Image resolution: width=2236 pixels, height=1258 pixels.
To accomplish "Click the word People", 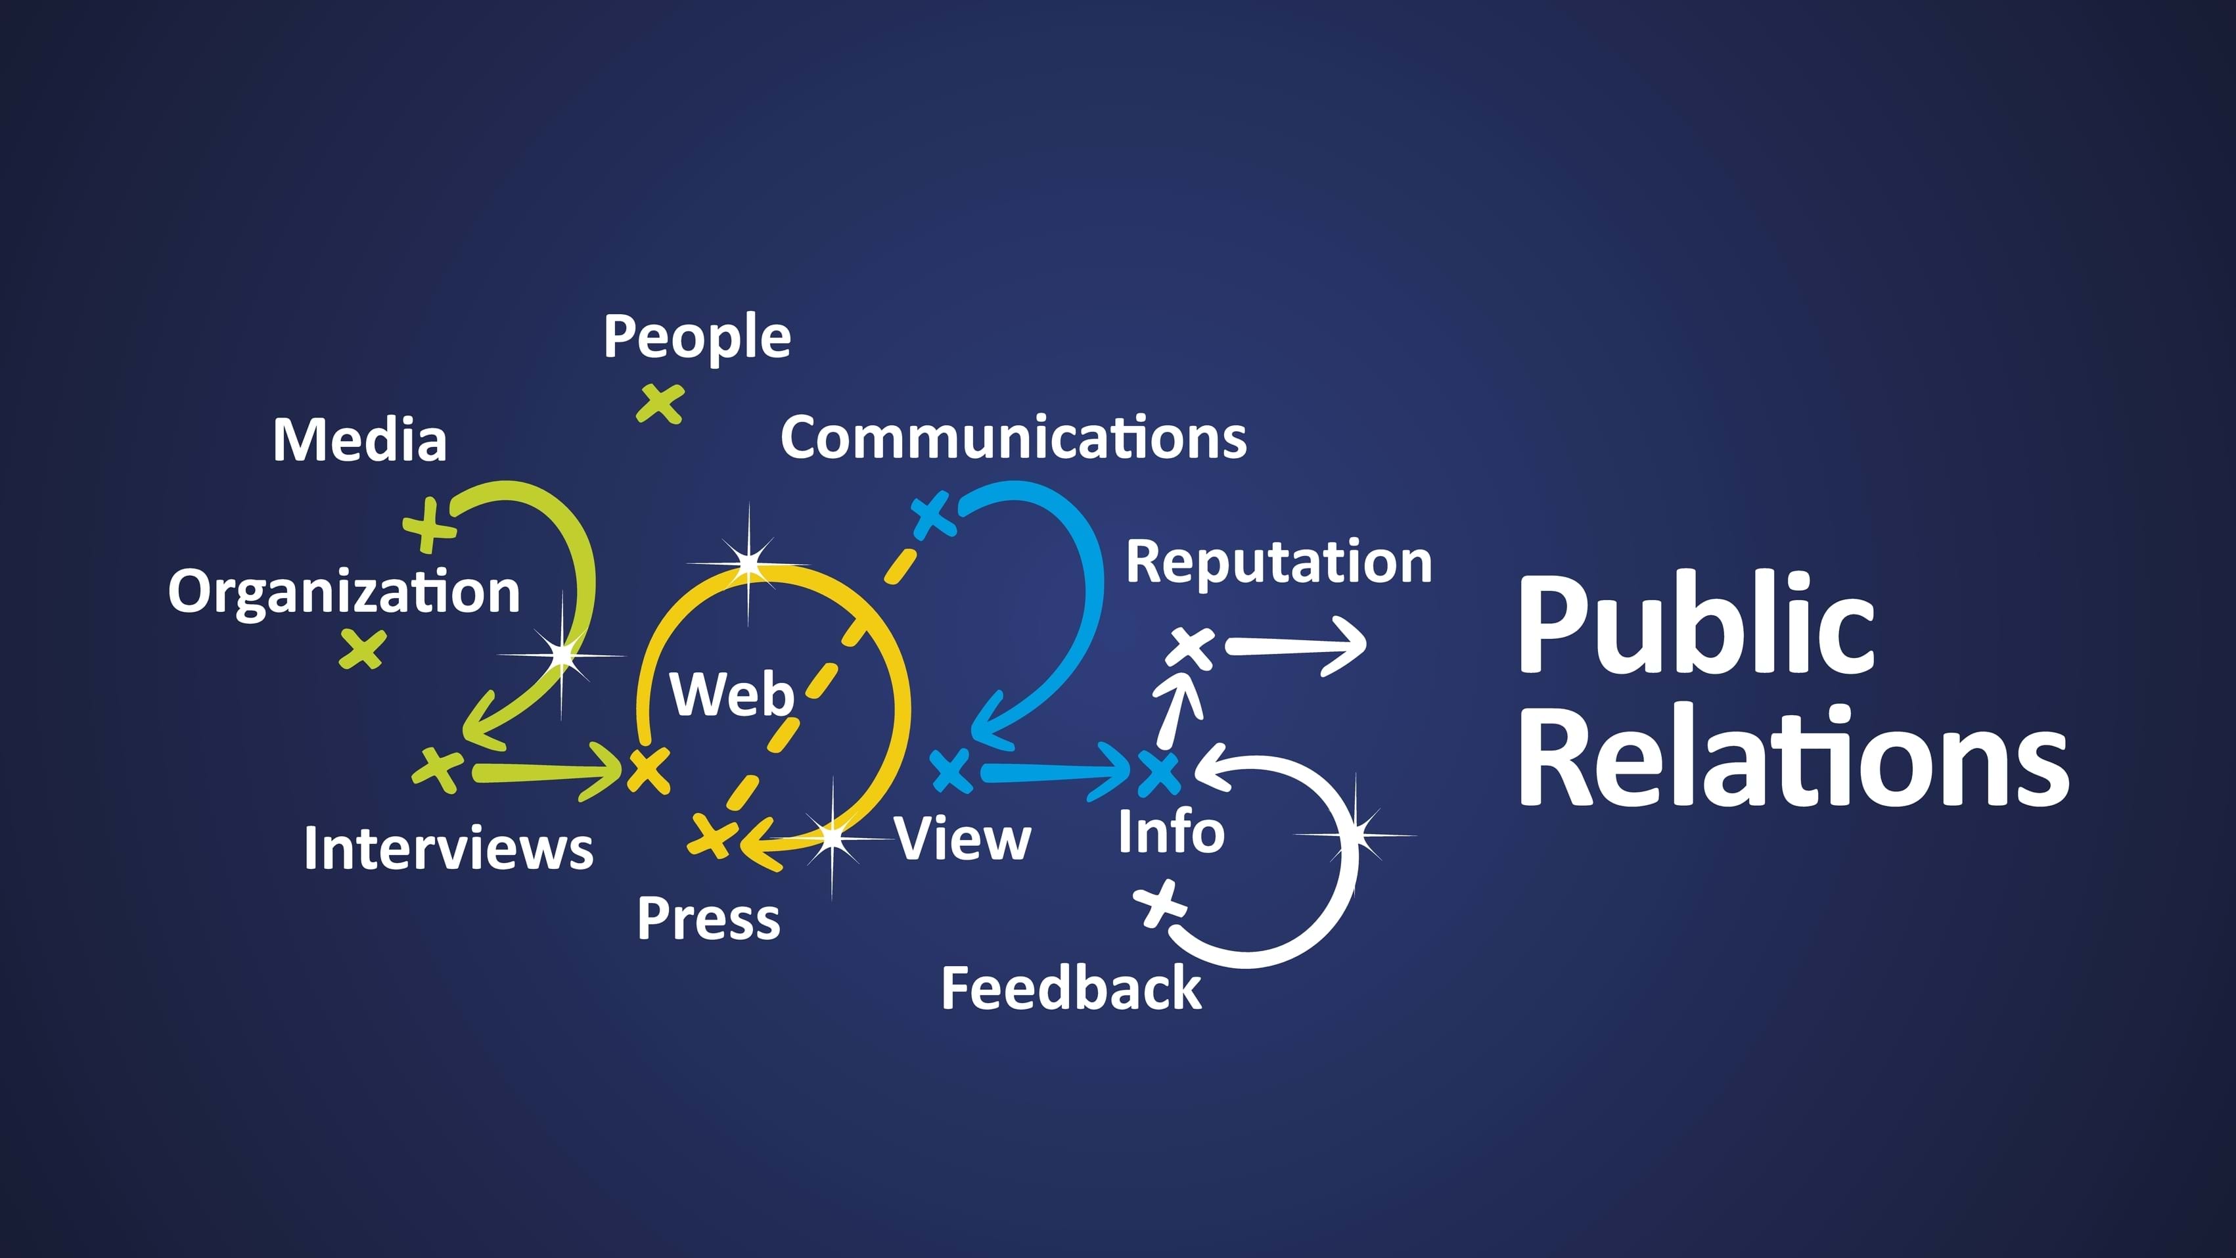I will click(x=697, y=337).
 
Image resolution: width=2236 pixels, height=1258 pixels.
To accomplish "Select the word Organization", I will click(x=344, y=592).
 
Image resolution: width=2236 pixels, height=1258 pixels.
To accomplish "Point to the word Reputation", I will click(x=1279, y=562).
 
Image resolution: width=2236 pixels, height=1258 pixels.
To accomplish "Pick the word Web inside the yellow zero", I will click(x=732, y=695).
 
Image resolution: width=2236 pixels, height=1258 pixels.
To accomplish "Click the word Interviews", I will click(x=448, y=849).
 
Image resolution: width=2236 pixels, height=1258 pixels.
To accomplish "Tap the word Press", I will click(x=708, y=919).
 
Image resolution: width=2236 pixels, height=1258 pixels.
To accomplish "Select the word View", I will click(x=963, y=839).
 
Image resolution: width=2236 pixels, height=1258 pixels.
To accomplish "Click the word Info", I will click(x=1171, y=831).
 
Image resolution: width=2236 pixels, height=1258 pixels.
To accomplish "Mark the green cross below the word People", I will click(x=660, y=404).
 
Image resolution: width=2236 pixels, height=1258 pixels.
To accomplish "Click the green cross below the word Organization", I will click(x=362, y=649).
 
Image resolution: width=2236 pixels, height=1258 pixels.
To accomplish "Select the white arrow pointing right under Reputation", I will click(x=1297, y=645).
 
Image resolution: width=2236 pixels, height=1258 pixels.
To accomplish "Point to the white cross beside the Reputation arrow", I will click(x=1192, y=647).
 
